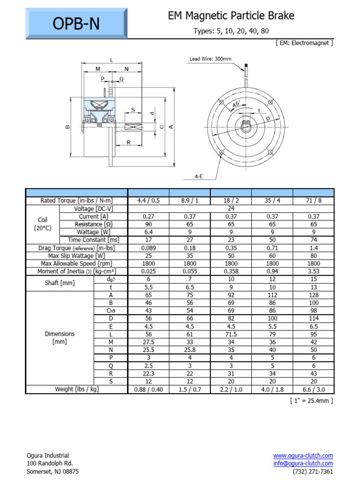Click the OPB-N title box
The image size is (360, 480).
pos(76,23)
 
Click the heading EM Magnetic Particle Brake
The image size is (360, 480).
pos(231,16)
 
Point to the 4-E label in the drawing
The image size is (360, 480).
pos(198,177)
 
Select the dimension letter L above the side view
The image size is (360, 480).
pos(111,60)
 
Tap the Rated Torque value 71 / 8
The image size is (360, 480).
pos(314,201)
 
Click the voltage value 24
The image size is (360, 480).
pos(231,209)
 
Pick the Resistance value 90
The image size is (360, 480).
pos(149,225)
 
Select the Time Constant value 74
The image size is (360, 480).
pos(314,240)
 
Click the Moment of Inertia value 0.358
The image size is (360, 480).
pos(231,271)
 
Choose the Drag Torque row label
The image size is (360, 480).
pos(77,248)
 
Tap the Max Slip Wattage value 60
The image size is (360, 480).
pos(272,256)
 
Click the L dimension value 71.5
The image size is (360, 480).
pos(231,334)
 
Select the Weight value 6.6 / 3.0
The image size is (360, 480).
pos(314,390)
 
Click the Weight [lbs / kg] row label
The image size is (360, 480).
pos(77,389)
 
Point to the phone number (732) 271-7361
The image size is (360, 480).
pos(313,472)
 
